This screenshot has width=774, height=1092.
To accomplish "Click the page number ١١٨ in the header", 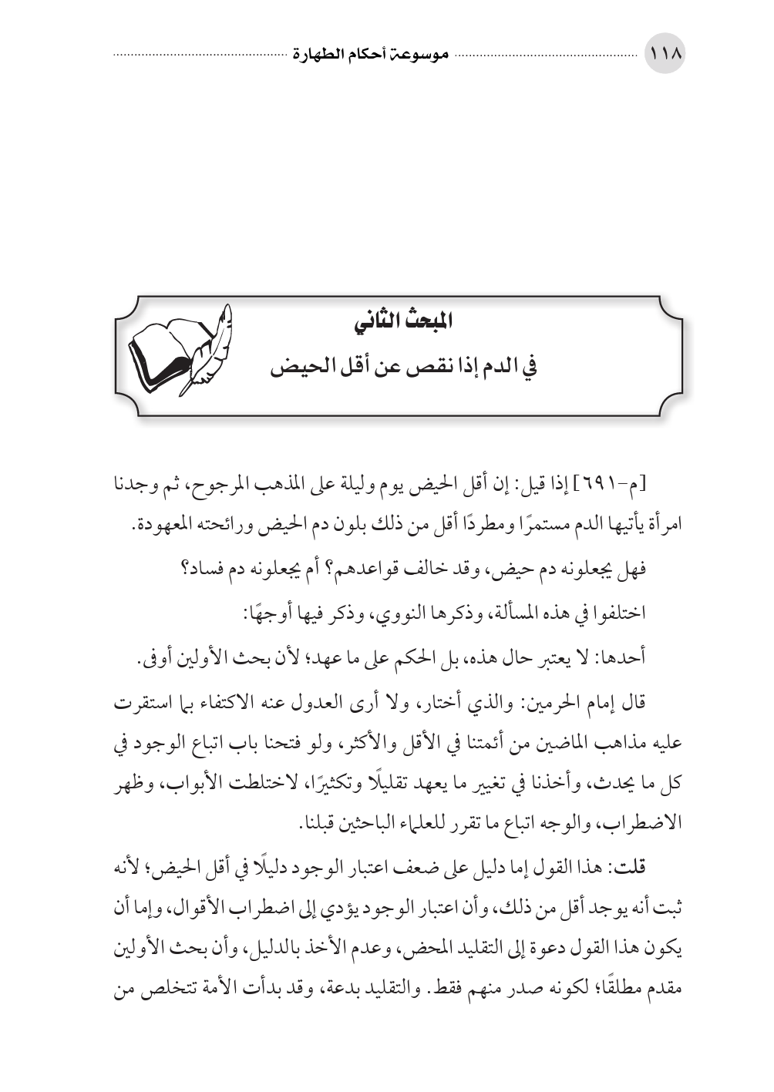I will pyautogui.click(x=665, y=56).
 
